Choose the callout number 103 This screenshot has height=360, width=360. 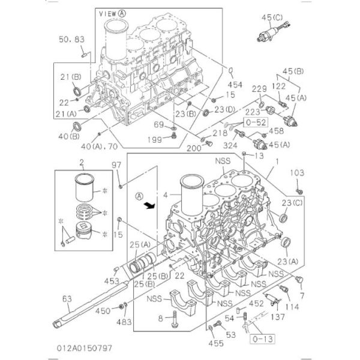(298, 172)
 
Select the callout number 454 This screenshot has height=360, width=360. (235, 85)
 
